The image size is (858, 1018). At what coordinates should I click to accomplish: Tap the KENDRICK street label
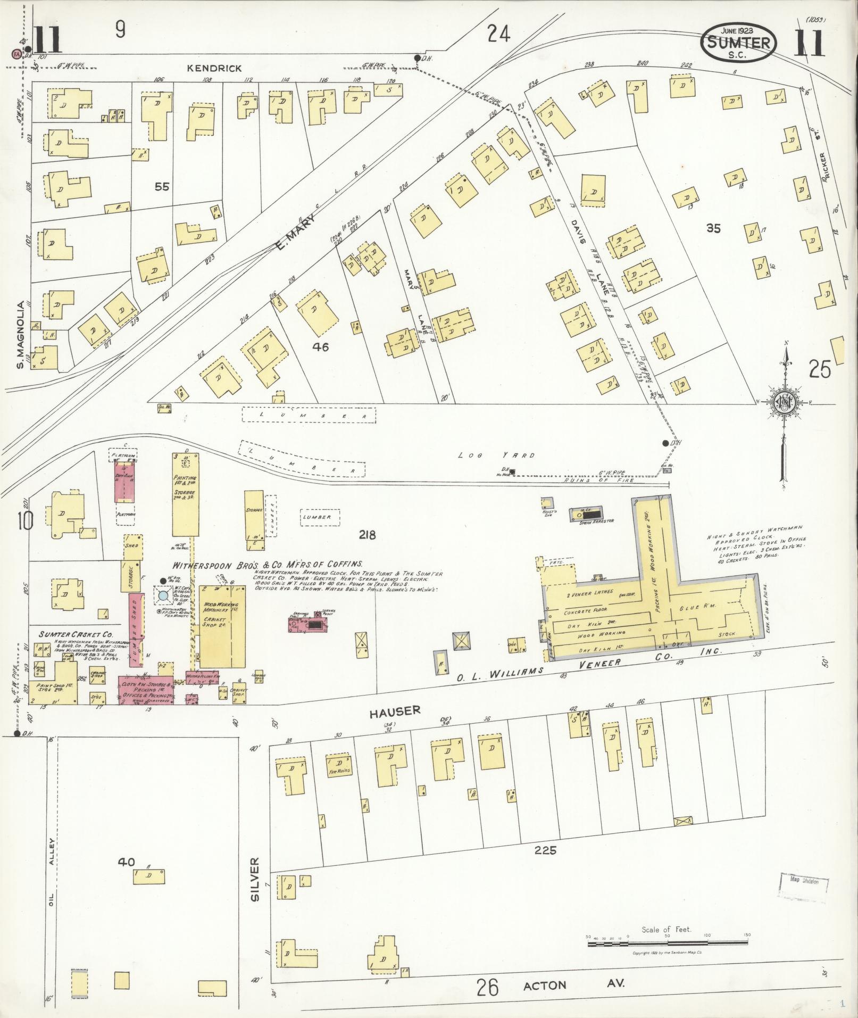pyautogui.click(x=214, y=68)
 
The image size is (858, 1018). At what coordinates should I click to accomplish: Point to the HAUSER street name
pyautogui.click(x=394, y=710)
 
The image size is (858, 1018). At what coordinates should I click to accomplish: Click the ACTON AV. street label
pyautogui.click(x=573, y=985)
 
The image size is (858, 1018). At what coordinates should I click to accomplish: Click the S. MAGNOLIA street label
pyautogui.click(x=21, y=335)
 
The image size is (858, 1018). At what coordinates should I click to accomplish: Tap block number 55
pyautogui.click(x=162, y=187)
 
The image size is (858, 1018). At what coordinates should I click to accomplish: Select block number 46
pyautogui.click(x=320, y=347)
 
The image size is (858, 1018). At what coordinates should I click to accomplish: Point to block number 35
pyautogui.click(x=713, y=228)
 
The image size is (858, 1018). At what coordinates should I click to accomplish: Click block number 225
pyautogui.click(x=546, y=850)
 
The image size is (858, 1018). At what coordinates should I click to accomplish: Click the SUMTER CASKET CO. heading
pyautogui.click(x=76, y=634)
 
